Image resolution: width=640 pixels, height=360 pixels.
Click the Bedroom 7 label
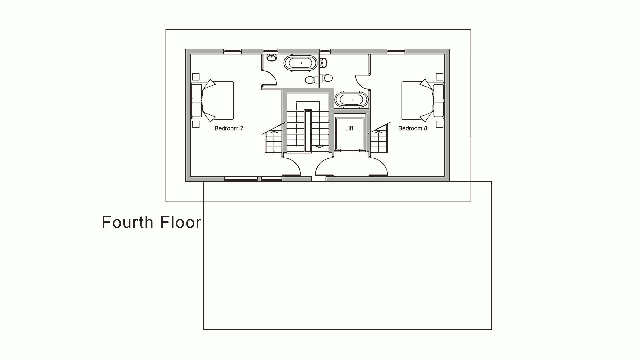point(229,128)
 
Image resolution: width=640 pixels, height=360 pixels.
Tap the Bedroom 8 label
point(413,128)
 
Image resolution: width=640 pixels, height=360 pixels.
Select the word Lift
point(349,128)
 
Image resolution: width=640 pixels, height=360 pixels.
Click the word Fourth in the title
point(128,222)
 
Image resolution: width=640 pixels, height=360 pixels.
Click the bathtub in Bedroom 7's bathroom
point(300,63)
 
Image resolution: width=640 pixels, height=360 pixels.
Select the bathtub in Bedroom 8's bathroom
point(352,100)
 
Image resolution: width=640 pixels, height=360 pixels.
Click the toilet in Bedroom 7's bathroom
point(311,79)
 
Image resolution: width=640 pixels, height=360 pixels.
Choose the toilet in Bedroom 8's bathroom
point(327,78)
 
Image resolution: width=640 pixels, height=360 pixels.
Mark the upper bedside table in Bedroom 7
point(196,77)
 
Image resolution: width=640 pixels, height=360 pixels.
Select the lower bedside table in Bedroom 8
point(440,124)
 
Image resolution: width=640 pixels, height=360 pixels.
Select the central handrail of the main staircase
point(307,131)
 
